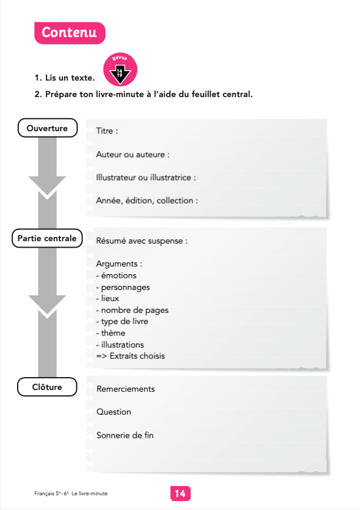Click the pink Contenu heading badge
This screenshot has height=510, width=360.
pos(69,33)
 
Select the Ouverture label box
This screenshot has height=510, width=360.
pos(48,128)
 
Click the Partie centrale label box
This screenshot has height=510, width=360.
pos(47,238)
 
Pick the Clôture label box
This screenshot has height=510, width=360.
pos(48,386)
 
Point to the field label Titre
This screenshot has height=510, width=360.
pos(107,131)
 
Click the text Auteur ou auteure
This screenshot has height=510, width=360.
pos(132,154)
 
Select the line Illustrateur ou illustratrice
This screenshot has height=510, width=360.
pos(145,177)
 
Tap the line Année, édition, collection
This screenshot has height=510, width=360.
pos(147,200)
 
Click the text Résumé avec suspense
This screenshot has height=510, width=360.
pos(142,241)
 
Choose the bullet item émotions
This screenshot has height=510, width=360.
pos(116,275)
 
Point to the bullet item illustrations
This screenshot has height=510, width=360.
pos(120,344)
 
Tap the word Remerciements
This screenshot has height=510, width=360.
pos(125,389)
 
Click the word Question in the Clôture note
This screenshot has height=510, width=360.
pos(114,412)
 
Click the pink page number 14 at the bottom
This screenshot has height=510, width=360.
pos(180,494)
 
